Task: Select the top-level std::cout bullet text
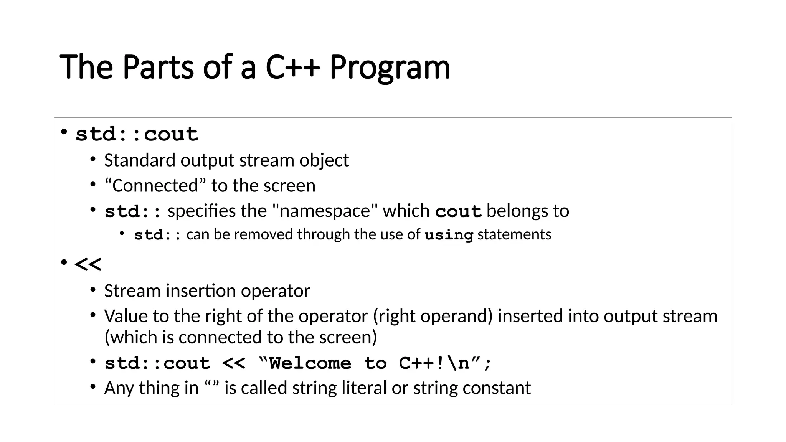coord(137,134)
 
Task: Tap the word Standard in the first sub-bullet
coord(140,160)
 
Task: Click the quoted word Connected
coord(155,186)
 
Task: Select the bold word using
coord(449,235)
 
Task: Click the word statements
coord(514,234)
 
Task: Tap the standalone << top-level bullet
coord(88,264)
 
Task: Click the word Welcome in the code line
coord(310,363)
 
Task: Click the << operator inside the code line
coord(233,363)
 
